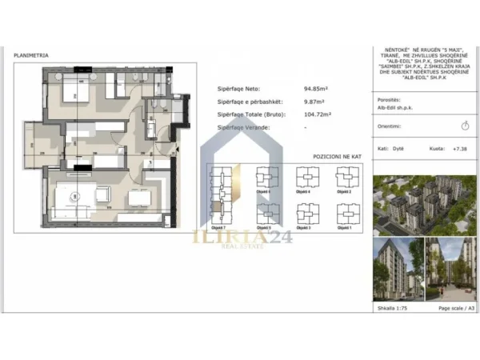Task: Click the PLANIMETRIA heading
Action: (31, 55)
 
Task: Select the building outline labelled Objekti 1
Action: (346, 214)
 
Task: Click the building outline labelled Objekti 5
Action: (264, 214)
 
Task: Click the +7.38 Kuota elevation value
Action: (459, 149)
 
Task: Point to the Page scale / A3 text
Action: (456, 307)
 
